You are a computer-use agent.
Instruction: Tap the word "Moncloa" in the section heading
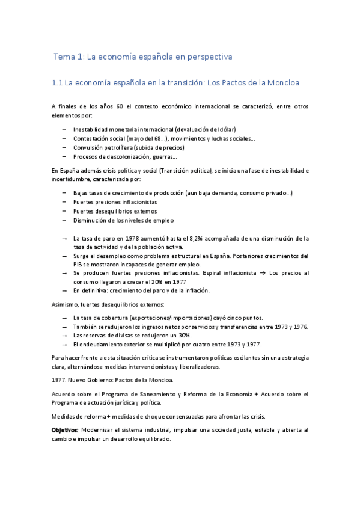[x=281, y=82]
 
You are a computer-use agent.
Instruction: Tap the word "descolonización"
[x=128, y=156]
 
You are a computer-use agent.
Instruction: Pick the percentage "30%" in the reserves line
[x=184, y=335]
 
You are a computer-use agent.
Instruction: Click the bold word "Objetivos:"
[x=65, y=431]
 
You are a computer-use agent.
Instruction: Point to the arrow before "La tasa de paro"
[x=64, y=238]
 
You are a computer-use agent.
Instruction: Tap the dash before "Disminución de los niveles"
[x=64, y=220]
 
